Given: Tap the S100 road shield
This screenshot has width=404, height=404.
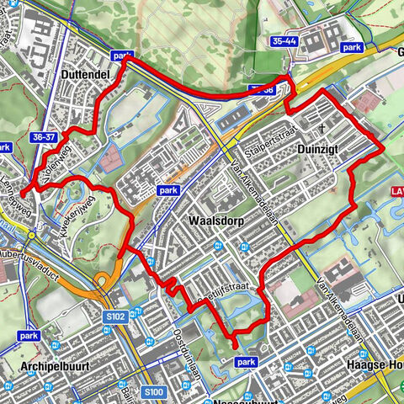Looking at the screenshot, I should click(153, 391).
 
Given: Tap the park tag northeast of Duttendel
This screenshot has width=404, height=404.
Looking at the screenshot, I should click(122, 56).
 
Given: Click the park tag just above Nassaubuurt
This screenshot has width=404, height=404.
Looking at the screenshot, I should click(246, 362).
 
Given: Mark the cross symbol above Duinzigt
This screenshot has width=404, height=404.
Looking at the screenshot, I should click(321, 129).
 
